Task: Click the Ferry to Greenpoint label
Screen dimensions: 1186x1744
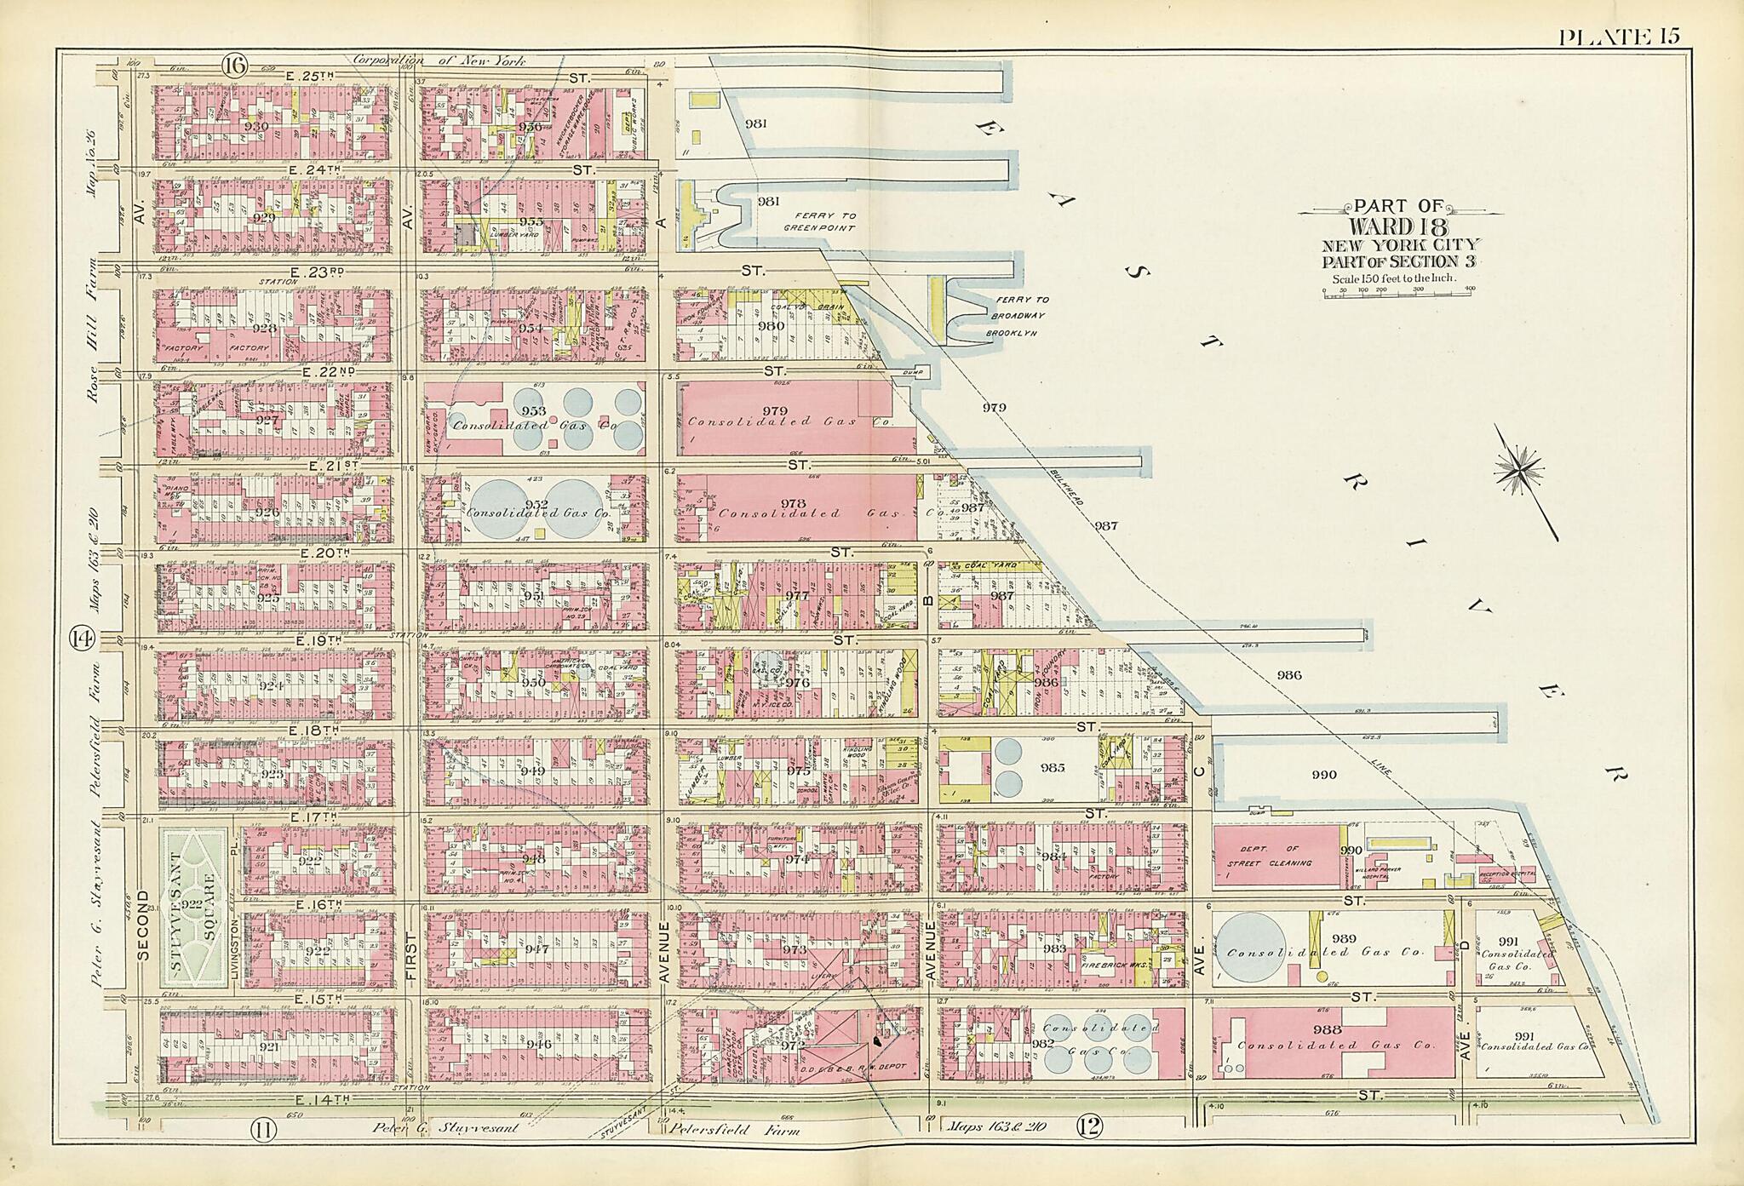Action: tap(817, 222)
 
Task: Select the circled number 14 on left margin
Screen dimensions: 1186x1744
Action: tap(81, 638)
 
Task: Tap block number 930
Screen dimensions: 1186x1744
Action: tap(255, 126)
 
